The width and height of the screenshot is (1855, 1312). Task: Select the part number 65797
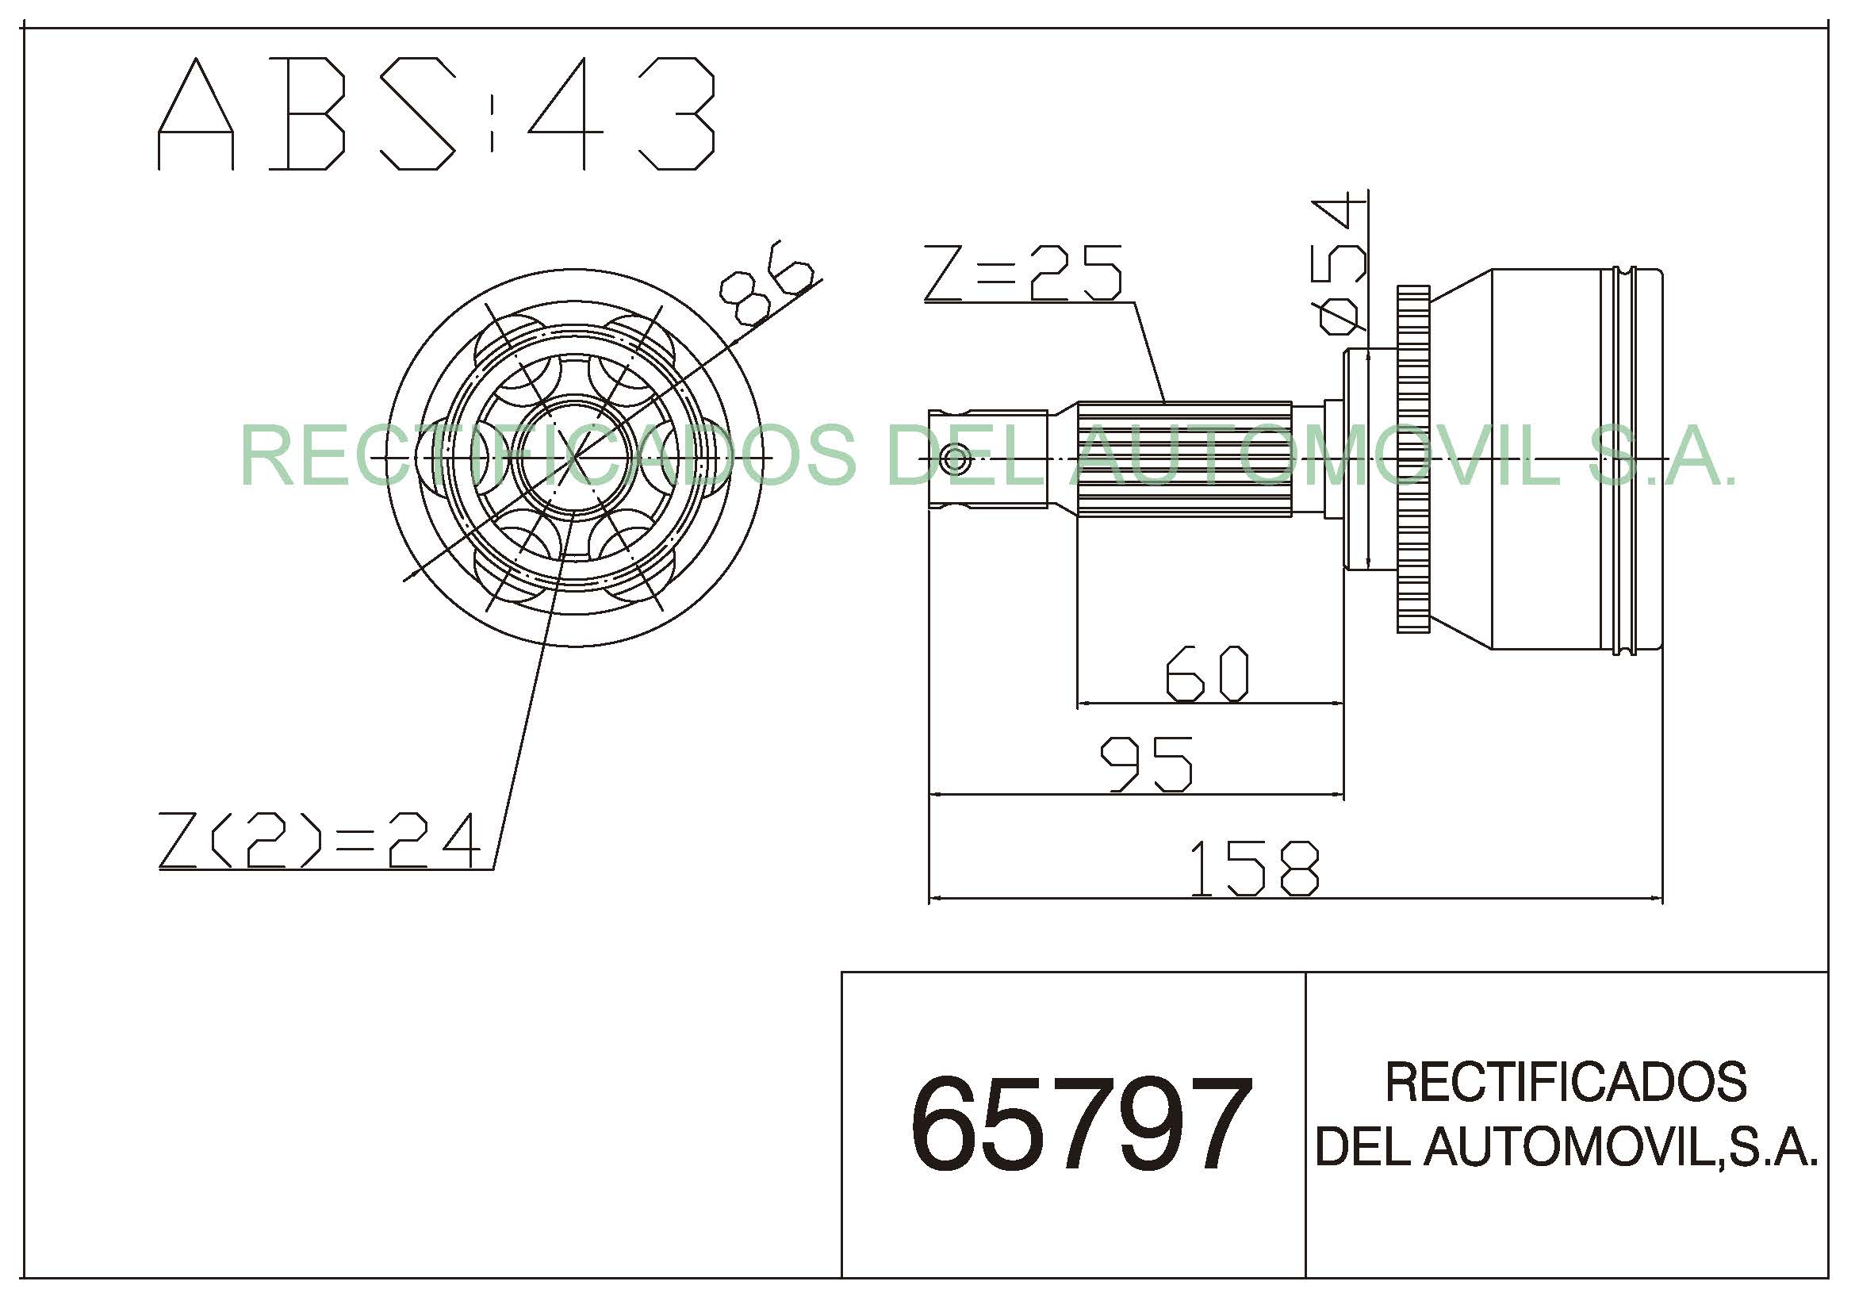(x=1080, y=1125)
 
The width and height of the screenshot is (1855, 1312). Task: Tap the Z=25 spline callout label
(x=1024, y=273)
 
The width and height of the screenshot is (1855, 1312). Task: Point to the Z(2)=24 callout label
(x=320, y=841)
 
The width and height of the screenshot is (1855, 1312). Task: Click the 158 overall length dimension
(x=1255, y=869)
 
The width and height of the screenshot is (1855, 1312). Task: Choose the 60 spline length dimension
(x=1207, y=673)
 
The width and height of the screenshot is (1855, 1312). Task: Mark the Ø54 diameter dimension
(x=1341, y=263)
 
